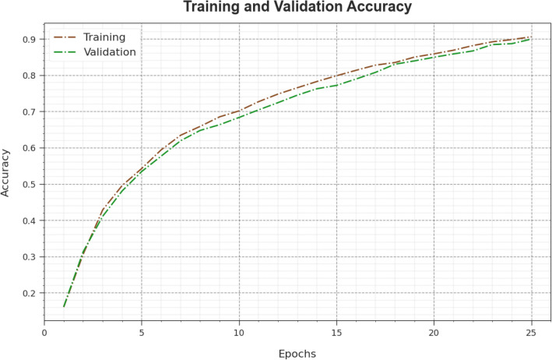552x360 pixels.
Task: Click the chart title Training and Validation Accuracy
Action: click(x=297, y=9)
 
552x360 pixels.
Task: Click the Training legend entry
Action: click(x=104, y=37)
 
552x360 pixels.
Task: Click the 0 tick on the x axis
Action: click(x=44, y=330)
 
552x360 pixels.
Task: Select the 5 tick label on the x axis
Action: click(x=142, y=330)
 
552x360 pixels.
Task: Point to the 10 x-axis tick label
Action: click(x=239, y=330)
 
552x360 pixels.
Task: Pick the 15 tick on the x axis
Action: click(x=336, y=330)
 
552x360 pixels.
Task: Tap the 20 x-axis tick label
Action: click(x=434, y=330)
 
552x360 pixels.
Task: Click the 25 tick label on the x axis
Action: click(x=531, y=330)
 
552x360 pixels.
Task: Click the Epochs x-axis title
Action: click(x=297, y=352)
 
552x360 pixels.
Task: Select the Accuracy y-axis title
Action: click(x=7, y=173)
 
